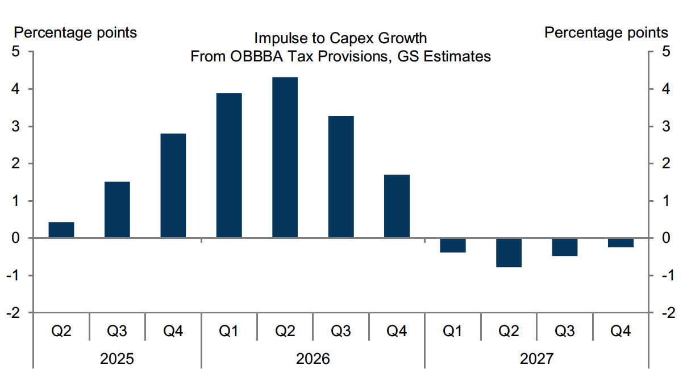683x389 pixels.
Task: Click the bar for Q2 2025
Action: pyautogui.click(x=61, y=230)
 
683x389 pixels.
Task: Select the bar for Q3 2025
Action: pyautogui.click(x=117, y=210)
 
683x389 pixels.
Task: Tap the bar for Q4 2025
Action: pyautogui.click(x=173, y=185)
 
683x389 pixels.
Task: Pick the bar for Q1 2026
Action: pyautogui.click(x=229, y=165)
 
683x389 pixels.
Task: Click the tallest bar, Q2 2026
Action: pyautogui.click(x=285, y=158)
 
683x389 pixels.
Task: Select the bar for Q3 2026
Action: pyautogui.click(x=341, y=177)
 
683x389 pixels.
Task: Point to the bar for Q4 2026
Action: pyautogui.click(x=397, y=206)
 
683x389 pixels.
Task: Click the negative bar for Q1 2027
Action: pyautogui.click(x=453, y=245)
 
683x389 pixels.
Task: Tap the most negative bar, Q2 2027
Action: pyautogui.click(x=509, y=253)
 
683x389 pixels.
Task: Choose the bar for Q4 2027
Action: pyautogui.click(x=620, y=243)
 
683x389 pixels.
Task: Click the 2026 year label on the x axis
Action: pyautogui.click(x=313, y=359)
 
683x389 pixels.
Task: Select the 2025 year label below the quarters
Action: pyautogui.click(x=117, y=359)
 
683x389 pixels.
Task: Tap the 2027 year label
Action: pyautogui.click(x=536, y=359)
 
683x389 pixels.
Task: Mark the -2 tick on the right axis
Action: pyautogui.click(x=665, y=313)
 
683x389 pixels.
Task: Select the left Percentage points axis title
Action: pyautogui.click(x=76, y=32)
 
